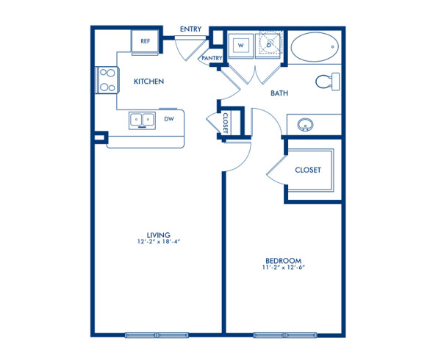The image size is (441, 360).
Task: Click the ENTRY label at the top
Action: [191, 29]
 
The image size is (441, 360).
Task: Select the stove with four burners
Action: [107, 80]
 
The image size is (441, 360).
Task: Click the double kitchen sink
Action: [142, 118]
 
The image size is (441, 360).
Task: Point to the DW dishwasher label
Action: [169, 118]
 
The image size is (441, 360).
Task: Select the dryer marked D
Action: [269, 45]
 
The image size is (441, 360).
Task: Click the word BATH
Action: [279, 93]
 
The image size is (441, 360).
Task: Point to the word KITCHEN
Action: [148, 82]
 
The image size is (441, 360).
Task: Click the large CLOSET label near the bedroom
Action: [307, 170]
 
